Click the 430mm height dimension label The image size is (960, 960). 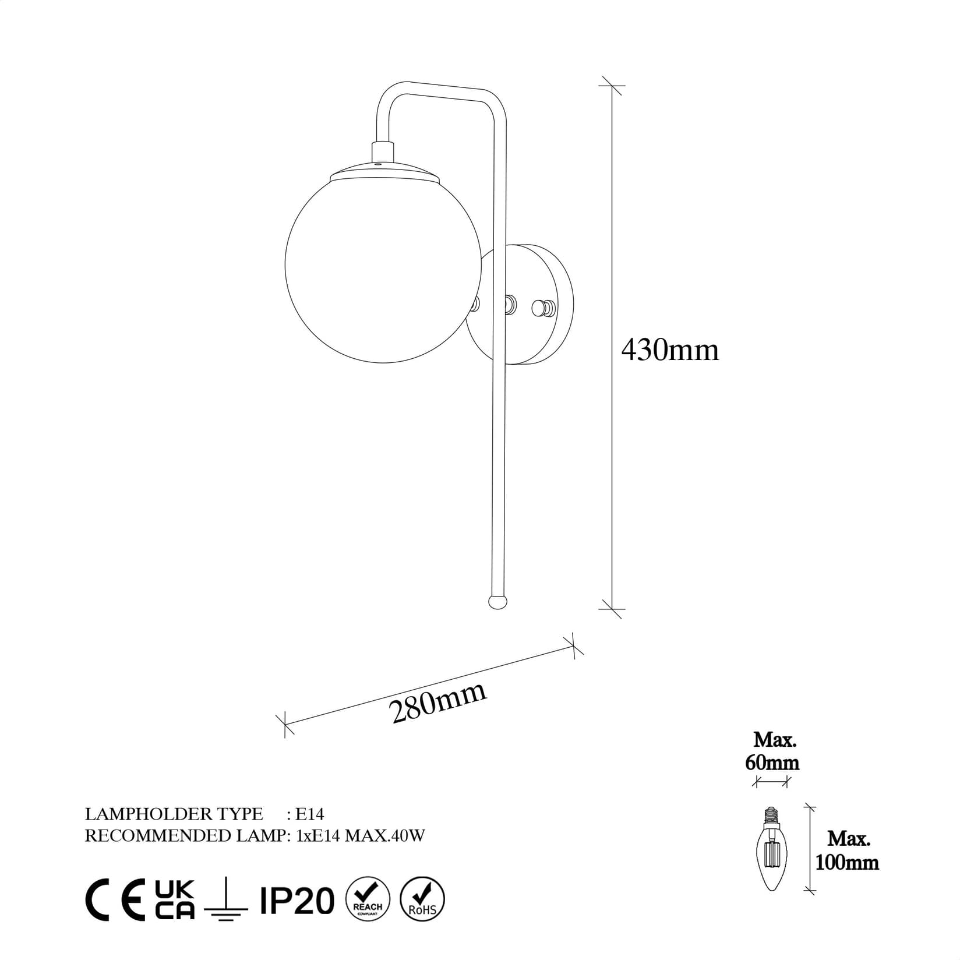pos(670,350)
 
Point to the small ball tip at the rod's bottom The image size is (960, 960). pos(497,602)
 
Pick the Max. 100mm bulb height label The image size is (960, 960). pos(846,850)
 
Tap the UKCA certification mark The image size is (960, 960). pos(174,899)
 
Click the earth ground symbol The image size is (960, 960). pos(227,902)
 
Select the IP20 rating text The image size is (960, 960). pos(297,901)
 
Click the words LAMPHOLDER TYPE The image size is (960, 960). pos(174,814)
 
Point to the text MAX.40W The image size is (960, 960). pos(385,836)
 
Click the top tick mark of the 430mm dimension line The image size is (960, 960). pos(611,86)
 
